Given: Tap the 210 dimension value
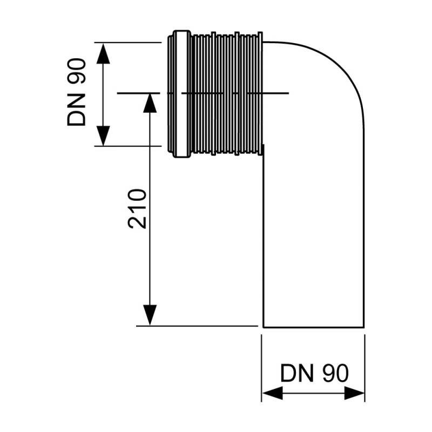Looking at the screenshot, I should [137, 208].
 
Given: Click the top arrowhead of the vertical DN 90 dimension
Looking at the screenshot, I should [103, 52].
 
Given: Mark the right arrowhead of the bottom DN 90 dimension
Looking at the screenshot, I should [354, 393].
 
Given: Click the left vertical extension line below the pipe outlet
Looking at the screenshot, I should [262, 367].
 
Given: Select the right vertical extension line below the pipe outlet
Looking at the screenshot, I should [365, 367].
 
